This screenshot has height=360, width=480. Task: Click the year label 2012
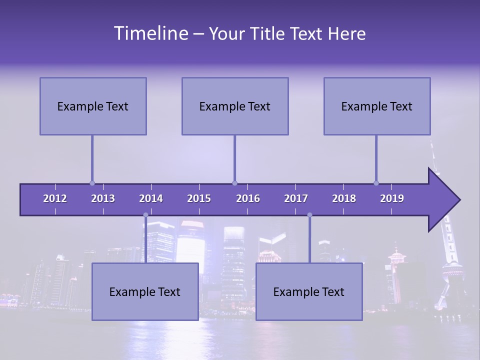click(x=55, y=198)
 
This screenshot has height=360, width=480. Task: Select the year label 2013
click(x=103, y=198)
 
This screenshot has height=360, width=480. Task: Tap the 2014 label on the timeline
click(x=151, y=198)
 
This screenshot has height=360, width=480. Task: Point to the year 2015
click(x=199, y=198)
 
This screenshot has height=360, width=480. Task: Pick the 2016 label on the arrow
click(x=248, y=198)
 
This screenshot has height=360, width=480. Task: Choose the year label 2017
click(x=296, y=198)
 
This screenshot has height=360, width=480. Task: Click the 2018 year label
click(x=344, y=198)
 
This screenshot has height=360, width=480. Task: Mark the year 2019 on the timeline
click(x=392, y=198)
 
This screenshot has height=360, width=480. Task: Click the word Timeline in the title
click(x=150, y=33)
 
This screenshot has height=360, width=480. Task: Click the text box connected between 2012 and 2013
click(x=93, y=106)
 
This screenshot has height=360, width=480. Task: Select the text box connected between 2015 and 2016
click(x=235, y=106)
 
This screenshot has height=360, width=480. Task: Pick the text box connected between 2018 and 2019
click(x=377, y=106)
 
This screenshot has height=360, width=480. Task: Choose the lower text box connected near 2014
click(x=145, y=291)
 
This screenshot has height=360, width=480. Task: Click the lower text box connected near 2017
click(x=309, y=291)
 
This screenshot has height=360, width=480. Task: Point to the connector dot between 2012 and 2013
click(x=92, y=183)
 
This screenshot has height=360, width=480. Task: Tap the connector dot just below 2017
click(x=309, y=215)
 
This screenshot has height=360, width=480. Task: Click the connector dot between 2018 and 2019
click(x=376, y=183)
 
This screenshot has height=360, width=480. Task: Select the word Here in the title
click(x=346, y=34)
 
